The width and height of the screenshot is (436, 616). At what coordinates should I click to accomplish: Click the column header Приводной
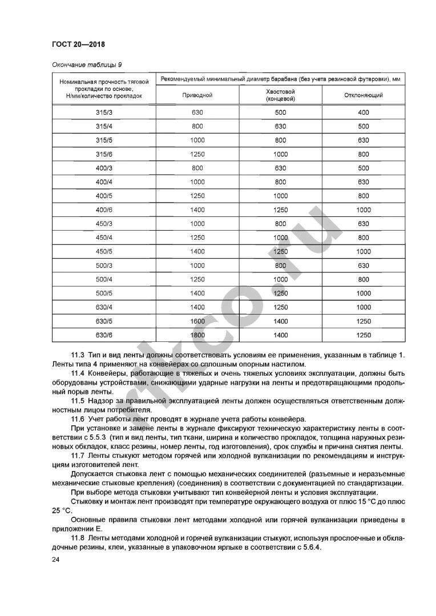point(197,95)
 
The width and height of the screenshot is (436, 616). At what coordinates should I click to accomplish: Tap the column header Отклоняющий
point(364,95)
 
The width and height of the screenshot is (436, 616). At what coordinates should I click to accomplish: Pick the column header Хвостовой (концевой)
point(280,95)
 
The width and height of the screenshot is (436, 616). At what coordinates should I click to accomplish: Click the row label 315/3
point(104,112)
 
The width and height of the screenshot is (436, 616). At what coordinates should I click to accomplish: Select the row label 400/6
point(104,210)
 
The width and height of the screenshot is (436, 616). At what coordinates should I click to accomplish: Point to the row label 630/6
point(104,335)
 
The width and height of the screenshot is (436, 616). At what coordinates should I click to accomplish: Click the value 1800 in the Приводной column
point(197,335)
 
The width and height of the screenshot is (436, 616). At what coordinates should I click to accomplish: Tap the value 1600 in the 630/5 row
point(197,321)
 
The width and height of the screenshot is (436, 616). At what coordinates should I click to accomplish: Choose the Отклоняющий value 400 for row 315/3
point(364,112)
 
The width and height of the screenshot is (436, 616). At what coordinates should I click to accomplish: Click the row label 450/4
point(104,237)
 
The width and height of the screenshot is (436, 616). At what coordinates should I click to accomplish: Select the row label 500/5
point(104,293)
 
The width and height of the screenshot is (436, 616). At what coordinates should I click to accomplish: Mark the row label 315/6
point(104,154)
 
